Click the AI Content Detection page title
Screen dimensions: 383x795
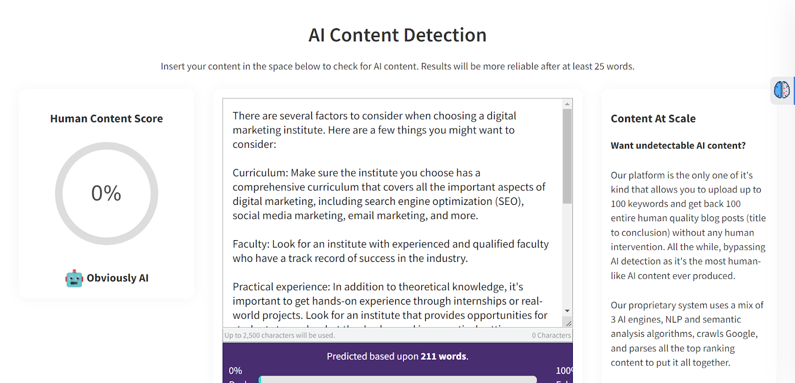click(397, 35)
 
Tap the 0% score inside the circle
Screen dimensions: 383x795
click(106, 193)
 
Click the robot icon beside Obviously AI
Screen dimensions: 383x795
click(74, 278)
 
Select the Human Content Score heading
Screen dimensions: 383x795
click(106, 119)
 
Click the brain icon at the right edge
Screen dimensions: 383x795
click(782, 90)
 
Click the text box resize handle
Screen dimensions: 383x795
click(568, 323)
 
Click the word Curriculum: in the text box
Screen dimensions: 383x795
click(260, 173)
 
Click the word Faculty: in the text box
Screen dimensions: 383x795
click(251, 244)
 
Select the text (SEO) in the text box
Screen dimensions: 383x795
click(509, 201)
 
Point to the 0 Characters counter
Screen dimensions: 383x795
click(551, 335)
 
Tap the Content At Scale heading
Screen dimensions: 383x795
click(653, 119)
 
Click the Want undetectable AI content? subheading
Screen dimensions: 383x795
click(678, 145)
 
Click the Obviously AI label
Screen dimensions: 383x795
click(117, 278)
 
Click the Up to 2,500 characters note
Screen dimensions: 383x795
click(280, 335)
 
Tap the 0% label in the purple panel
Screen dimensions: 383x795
click(236, 371)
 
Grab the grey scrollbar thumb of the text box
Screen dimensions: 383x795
click(567, 156)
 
